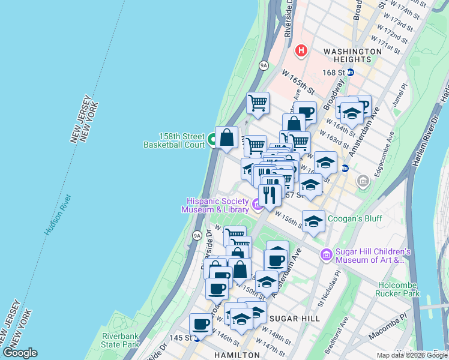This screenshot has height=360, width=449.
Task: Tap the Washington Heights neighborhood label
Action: tap(352, 55)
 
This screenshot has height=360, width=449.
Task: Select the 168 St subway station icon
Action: tap(351, 73)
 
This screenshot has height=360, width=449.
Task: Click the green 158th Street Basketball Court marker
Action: tap(212, 141)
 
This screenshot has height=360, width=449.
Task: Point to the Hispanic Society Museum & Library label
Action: tap(217, 205)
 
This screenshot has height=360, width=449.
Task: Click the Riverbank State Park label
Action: tap(120, 340)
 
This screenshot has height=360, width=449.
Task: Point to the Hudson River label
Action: tap(58, 214)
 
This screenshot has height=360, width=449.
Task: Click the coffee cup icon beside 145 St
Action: tap(201, 325)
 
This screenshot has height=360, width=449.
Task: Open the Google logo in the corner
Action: tap(19, 353)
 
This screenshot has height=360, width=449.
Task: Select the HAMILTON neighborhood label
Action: tap(237, 355)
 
